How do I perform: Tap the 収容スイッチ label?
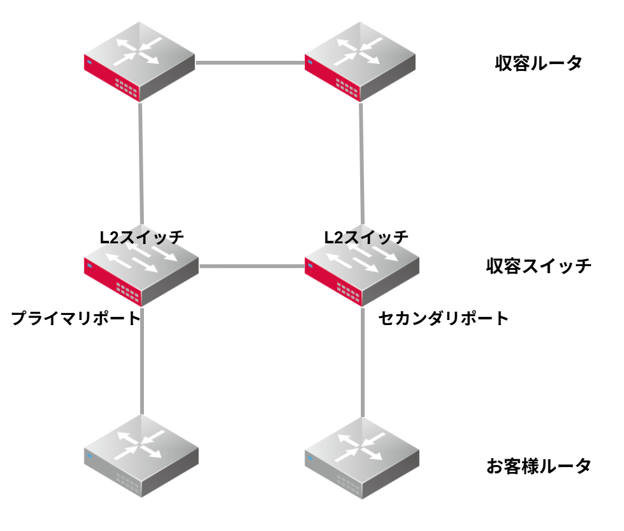click(x=538, y=266)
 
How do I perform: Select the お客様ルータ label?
click(x=538, y=467)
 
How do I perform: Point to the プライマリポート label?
click(x=75, y=318)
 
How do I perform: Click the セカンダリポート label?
click(x=443, y=318)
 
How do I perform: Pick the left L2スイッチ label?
click(x=141, y=238)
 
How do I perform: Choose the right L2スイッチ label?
click(x=366, y=238)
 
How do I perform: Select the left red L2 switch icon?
click(x=140, y=269)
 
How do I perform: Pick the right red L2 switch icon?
click(x=361, y=269)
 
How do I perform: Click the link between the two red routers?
click(x=250, y=63)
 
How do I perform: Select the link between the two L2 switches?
click(x=251, y=267)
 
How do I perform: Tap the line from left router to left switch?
click(x=141, y=165)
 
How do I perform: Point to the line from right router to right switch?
click(x=361, y=165)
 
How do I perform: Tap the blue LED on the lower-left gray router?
click(x=89, y=456)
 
